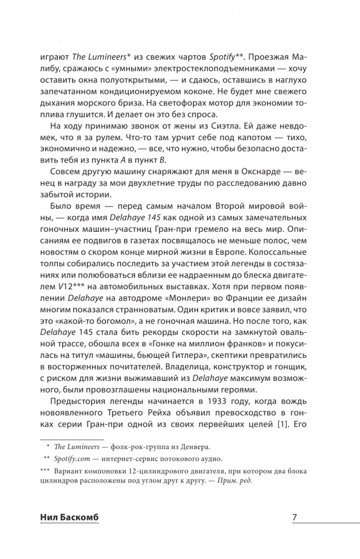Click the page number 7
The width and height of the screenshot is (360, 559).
point(294,517)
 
